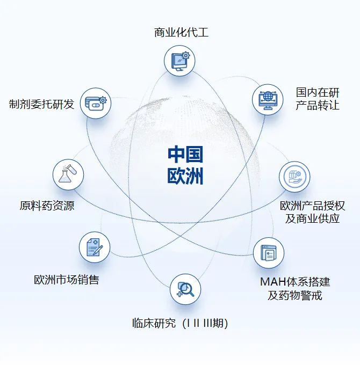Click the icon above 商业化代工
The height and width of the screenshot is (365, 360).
[179, 61]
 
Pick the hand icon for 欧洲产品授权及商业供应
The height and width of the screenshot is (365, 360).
[294, 177]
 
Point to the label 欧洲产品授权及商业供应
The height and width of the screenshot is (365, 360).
[312, 212]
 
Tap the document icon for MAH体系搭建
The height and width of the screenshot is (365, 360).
[269, 253]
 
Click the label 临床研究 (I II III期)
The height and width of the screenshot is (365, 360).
[180, 324]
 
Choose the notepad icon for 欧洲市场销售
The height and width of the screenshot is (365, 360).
[95, 247]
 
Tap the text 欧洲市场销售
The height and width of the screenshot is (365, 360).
[66, 280]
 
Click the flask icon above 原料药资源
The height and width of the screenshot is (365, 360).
[68, 174]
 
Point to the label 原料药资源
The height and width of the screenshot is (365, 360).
[47, 206]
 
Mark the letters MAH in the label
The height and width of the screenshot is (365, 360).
[272, 282]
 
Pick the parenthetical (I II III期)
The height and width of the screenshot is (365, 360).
[205, 324]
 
